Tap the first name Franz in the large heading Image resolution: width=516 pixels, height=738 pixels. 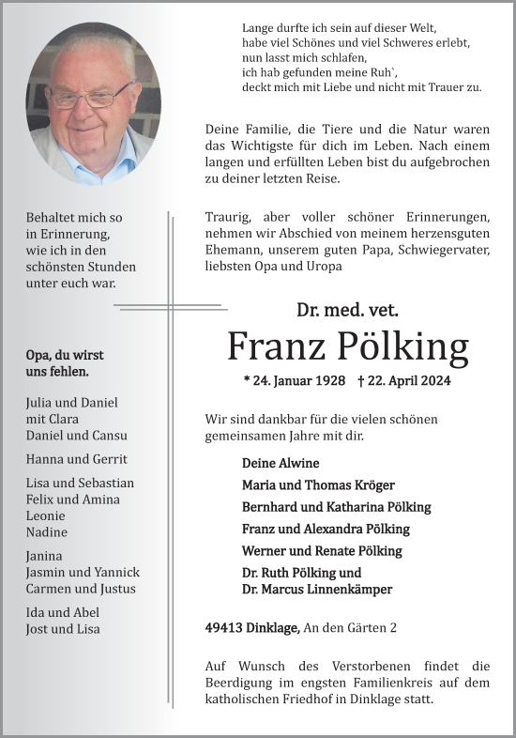point(274,347)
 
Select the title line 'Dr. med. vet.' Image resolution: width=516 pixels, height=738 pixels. point(347,309)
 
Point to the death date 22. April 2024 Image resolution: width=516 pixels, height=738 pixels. point(404,381)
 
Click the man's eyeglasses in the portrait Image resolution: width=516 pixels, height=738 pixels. point(91,97)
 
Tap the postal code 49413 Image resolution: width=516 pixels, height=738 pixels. point(223,627)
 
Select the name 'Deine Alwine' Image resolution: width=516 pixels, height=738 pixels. point(281,464)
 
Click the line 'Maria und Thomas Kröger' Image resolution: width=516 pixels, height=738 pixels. point(318,485)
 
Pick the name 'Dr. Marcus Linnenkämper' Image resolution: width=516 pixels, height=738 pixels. point(317,590)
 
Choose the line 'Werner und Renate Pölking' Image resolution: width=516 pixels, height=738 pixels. point(322,551)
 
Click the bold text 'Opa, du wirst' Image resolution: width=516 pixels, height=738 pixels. point(65,355)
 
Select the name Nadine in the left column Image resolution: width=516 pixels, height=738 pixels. point(47,532)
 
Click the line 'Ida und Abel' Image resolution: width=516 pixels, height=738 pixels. point(63,612)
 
